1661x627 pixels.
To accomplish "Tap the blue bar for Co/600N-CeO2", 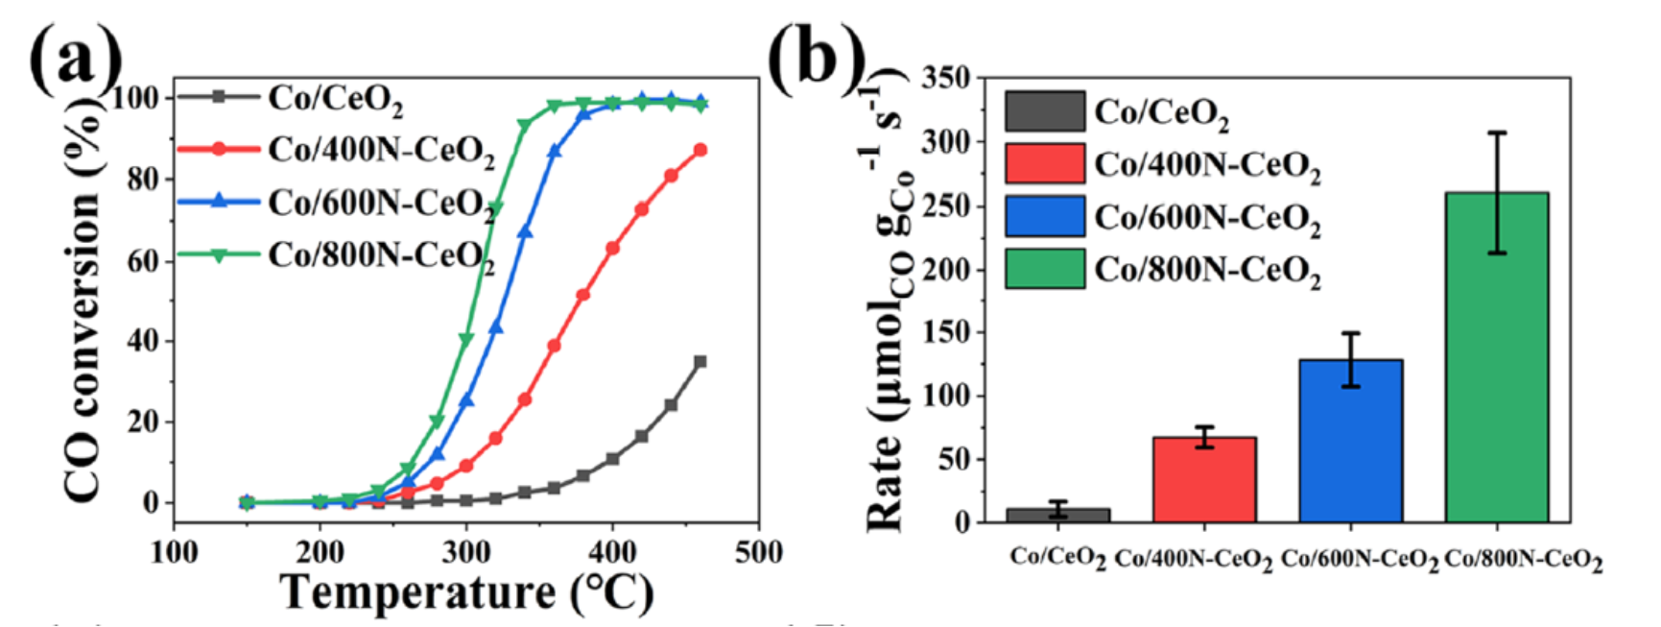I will tap(1350, 441).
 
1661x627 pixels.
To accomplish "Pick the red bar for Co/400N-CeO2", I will tap(1204, 479).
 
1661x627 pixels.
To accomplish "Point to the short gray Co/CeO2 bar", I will tap(1058, 515).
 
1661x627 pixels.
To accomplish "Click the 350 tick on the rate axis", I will tap(943, 79).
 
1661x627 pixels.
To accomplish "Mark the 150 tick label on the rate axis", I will tap(943, 332).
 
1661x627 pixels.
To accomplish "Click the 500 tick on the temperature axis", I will tap(758, 553).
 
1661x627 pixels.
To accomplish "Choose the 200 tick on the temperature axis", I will tap(320, 553).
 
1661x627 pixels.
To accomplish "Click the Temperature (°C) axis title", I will tap(467, 591).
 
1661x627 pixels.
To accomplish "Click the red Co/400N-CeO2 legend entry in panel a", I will tap(336, 150).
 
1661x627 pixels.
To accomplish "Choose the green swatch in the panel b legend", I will tap(1045, 269).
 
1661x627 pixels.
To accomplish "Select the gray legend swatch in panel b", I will tap(1045, 111).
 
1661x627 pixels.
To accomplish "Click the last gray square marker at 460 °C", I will tap(700, 362).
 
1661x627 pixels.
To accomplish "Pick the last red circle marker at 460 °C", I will tap(700, 150).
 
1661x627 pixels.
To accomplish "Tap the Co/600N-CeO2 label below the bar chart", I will tap(1360, 560).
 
